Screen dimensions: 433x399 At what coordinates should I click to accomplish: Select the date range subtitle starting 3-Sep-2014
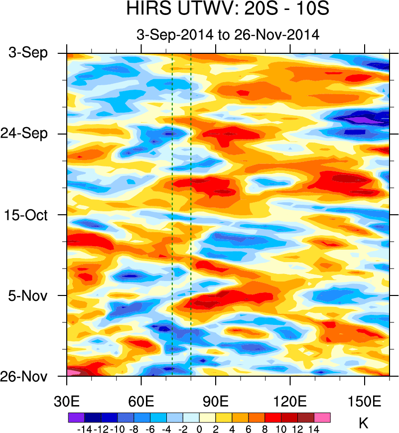click(228, 35)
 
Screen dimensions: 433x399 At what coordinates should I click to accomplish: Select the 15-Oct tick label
click(28, 215)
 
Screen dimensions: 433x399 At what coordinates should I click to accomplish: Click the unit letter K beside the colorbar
click(363, 424)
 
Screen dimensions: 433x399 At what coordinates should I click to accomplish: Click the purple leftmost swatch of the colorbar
click(76, 417)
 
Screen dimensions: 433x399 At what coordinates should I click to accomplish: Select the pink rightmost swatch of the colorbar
click(322, 417)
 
